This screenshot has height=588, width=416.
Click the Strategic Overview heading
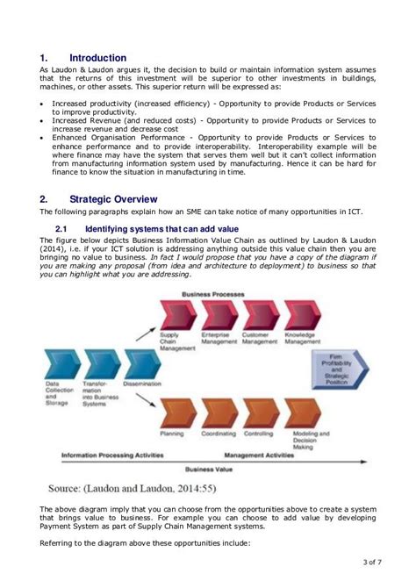114,198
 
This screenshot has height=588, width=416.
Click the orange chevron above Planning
176,413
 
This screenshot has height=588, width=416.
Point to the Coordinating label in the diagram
218,434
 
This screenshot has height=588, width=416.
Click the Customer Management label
258,339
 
